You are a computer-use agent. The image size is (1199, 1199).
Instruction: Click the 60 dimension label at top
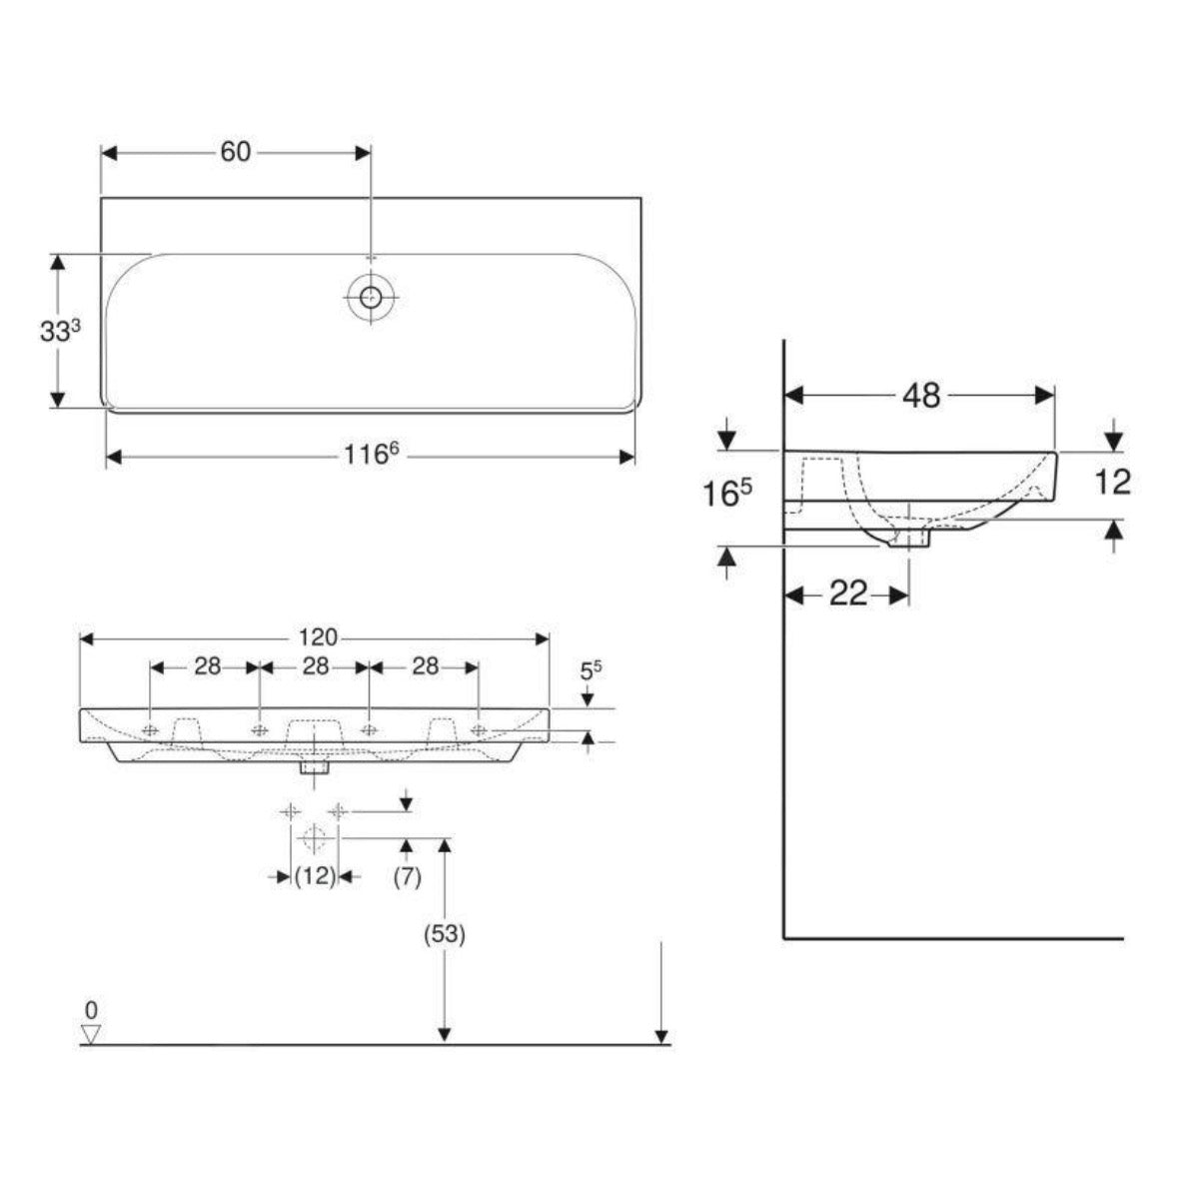pos(235,152)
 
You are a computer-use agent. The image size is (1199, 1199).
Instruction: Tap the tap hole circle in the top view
pos(371,296)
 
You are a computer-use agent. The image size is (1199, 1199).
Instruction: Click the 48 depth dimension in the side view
pos(920,396)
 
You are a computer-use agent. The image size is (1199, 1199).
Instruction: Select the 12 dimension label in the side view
pos(1112,482)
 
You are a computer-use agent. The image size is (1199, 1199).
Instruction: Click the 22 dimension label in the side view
pos(847,595)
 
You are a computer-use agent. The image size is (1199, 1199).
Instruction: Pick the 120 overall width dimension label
pos(315,637)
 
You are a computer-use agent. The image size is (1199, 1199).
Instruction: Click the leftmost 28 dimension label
pos(206,666)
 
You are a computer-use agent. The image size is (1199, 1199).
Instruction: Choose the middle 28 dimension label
pos(315,666)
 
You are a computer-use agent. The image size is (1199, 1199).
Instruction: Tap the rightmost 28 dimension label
pos(425,666)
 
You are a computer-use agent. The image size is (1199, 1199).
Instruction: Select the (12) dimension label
pos(314,876)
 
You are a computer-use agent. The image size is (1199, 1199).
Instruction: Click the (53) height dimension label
pos(445,935)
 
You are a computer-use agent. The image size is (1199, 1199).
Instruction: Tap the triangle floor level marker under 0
pos(91,1034)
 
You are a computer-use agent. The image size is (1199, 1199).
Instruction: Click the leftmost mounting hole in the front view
pos(151,730)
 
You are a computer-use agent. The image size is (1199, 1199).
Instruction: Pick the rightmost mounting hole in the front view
pos(479,730)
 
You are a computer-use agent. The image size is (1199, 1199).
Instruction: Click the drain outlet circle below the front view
pos(314,836)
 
